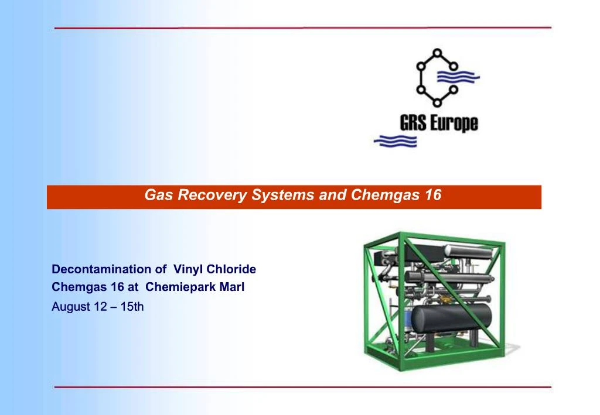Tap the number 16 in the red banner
pos(433,196)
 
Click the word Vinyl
pos(189,270)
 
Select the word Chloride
pos(231,270)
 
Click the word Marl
pos(231,287)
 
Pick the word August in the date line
pos(71,307)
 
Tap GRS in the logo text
pos(414,123)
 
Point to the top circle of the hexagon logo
pos(437,52)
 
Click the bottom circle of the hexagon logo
pos(437,103)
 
